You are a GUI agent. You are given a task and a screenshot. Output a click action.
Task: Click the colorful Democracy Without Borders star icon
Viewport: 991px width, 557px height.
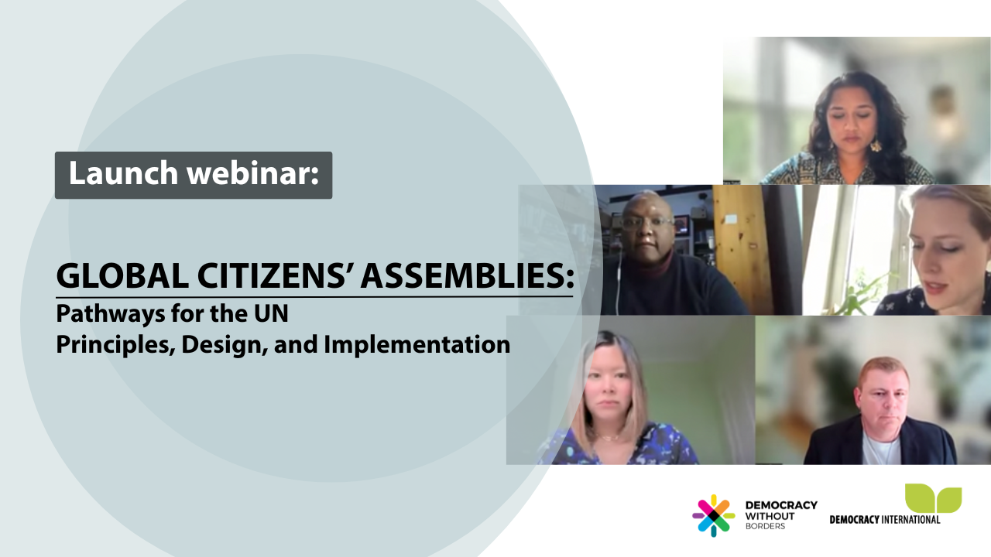pos(713,515)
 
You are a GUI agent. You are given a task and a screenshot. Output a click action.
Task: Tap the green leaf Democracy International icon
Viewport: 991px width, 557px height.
pos(934,499)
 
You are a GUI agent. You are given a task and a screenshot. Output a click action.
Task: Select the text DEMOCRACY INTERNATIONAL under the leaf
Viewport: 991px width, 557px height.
pos(885,519)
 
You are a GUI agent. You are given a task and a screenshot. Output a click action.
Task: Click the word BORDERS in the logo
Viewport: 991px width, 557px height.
pos(764,527)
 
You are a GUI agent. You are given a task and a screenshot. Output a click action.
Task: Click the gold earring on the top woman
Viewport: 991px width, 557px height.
pos(876,145)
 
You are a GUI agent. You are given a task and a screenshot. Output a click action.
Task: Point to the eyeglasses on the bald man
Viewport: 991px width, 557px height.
pos(647,222)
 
